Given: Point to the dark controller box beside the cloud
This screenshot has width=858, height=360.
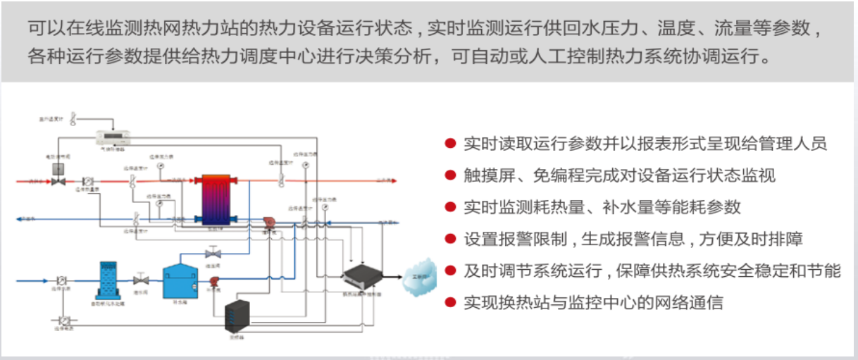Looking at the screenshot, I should (363, 277).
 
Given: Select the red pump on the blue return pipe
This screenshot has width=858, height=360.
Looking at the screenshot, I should (268, 222).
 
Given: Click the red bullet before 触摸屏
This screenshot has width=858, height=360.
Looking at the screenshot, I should (449, 175).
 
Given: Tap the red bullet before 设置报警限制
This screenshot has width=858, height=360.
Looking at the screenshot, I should (449, 239).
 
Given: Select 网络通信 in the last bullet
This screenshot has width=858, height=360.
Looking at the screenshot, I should (693, 303).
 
